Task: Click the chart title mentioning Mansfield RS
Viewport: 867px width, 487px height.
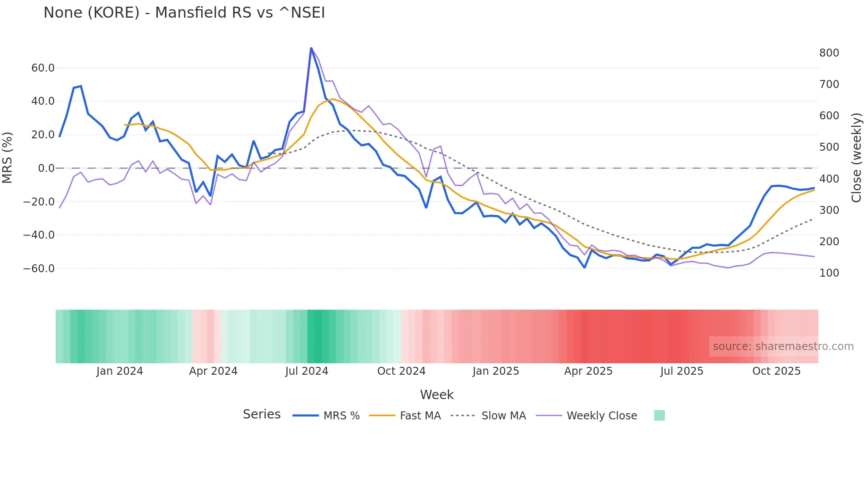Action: coord(184,13)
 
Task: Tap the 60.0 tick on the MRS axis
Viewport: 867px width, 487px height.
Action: coord(43,68)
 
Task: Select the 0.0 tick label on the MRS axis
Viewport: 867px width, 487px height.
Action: coord(46,168)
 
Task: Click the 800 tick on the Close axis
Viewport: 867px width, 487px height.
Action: coord(829,53)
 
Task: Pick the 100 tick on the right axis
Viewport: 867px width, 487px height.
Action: coord(829,273)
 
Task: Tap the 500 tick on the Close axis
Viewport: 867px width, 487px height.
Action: coord(829,147)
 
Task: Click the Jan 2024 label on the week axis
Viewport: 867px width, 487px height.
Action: coord(119,371)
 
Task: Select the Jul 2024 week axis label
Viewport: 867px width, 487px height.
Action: coord(307,371)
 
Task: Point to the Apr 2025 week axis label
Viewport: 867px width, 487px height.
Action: coord(588,371)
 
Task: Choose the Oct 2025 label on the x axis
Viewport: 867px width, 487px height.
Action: coord(776,371)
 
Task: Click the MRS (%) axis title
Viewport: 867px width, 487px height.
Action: coord(8,158)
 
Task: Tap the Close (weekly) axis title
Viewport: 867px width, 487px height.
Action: coord(857,158)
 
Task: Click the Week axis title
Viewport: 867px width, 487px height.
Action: coord(437,395)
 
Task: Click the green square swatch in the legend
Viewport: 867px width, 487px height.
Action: coord(659,415)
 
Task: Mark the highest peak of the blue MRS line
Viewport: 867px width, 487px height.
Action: coord(311,48)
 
